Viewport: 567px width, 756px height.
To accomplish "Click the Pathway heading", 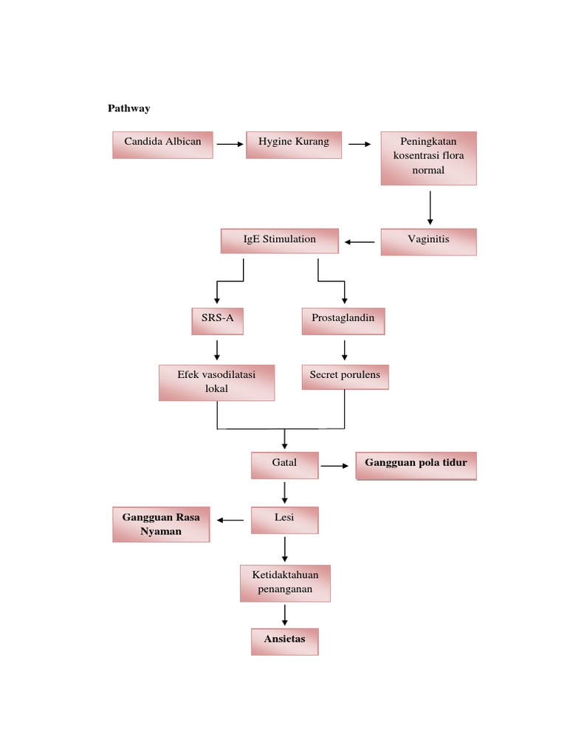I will point(129,109).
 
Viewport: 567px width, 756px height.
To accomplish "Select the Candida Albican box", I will point(162,145).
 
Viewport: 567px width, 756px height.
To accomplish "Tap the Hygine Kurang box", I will point(294,145).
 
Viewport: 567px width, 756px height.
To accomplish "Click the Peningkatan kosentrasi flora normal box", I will point(429,158).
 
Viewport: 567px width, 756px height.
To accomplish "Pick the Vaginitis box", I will point(429,241).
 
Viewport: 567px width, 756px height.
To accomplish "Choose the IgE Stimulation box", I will point(280,241).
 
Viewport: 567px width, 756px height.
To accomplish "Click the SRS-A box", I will point(217,321).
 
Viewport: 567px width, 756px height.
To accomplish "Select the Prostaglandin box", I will point(343,321).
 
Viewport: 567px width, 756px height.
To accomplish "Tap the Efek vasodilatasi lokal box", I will point(216,382).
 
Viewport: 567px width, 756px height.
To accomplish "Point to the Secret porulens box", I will point(345,377).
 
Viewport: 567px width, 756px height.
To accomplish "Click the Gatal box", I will point(284,466).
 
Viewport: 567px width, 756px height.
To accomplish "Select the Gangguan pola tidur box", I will point(416,466).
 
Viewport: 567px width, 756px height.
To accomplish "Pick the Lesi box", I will point(284,520).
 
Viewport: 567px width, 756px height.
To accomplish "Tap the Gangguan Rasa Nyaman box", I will point(161,524).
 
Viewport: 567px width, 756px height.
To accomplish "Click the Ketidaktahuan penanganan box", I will point(285,583).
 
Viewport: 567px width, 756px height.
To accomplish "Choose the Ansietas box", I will point(284,642).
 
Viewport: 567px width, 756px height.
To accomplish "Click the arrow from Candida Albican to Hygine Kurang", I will point(230,145).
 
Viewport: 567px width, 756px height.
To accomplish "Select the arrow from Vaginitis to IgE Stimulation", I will point(360,241).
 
